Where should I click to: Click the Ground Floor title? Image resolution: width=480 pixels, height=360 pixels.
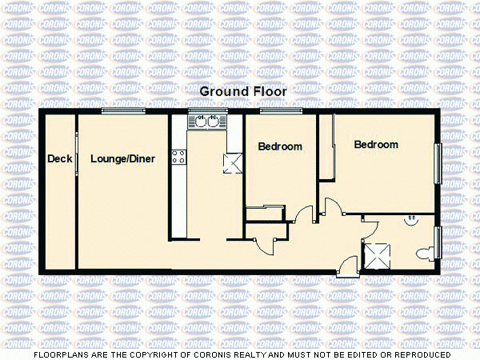pyautogui.click(x=242, y=92)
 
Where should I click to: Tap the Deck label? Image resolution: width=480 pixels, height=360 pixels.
pyautogui.click(x=60, y=159)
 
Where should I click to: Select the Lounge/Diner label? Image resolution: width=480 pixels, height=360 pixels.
pyautogui.click(x=122, y=159)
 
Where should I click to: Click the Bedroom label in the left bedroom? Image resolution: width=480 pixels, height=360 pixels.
pyautogui.click(x=280, y=147)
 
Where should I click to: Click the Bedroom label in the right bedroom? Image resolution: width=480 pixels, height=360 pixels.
pyautogui.click(x=376, y=145)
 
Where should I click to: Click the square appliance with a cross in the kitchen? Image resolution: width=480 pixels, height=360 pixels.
pyautogui.click(x=234, y=164)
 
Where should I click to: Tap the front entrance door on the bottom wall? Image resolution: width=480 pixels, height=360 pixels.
pyautogui.click(x=346, y=266)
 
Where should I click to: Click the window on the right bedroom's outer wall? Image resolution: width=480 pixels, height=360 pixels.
pyautogui.click(x=438, y=166)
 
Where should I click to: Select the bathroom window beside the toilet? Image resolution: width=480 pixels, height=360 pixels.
pyautogui.click(x=438, y=244)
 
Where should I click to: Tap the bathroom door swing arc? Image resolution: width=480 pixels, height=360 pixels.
pyautogui.click(x=368, y=226)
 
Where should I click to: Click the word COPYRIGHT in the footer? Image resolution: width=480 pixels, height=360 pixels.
pyautogui.click(x=160, y=354)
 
